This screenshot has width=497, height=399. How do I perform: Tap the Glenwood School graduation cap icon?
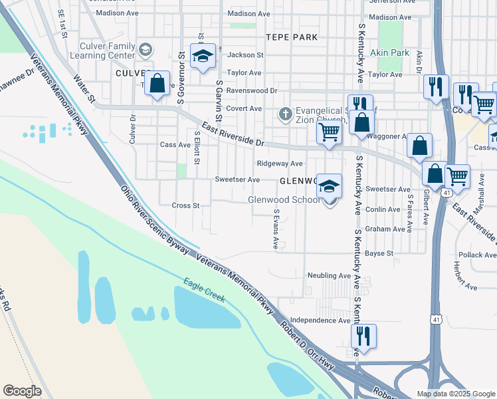click(329, 186)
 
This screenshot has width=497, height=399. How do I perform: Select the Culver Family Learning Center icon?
click(146, 49)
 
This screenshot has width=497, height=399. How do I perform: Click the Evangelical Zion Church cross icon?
click(286, 114)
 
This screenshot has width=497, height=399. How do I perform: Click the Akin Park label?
click(391, 53)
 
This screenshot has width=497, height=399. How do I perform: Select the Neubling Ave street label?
click(328, 275)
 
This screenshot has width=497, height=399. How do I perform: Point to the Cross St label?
click(186, 205)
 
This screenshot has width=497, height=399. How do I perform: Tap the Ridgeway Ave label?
click(280, 164)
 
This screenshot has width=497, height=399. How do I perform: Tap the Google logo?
click(22, 391)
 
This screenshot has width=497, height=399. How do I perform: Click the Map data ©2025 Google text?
click(455, 394)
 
